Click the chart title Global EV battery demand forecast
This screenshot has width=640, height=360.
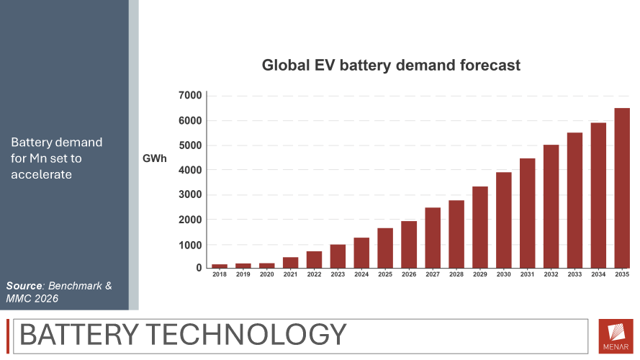[391, 66]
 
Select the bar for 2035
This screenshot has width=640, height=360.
[622, 188]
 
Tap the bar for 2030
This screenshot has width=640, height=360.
[504, 220]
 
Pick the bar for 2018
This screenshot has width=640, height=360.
[220, 266]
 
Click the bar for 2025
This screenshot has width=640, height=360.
[385, 248]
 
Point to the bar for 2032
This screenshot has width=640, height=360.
[551, 207]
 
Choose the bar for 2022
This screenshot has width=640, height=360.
[315, 260]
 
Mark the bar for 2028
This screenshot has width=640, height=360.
[456, 234]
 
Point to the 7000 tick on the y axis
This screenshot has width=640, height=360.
[190, 96]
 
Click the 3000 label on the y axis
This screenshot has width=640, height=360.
[190, 194]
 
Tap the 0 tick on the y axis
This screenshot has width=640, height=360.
[199, 268]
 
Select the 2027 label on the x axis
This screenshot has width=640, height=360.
[433, 274]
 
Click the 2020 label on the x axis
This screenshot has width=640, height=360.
[267, 274]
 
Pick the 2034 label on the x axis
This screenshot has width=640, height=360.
[598, 274]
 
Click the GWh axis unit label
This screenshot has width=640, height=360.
[154, 158]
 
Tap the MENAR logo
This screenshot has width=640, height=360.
[616, 336]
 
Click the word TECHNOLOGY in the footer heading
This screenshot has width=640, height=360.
[246, 335]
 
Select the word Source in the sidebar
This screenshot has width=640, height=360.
[24, 286]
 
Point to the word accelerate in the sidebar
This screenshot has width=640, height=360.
[41, 175]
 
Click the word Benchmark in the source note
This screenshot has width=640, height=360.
[75, 286]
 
